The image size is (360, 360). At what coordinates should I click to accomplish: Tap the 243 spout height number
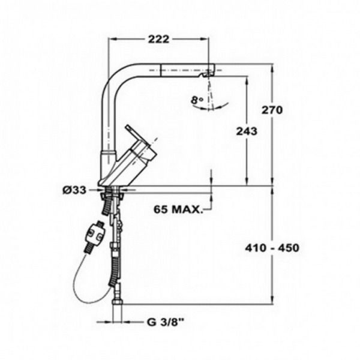[247, 131]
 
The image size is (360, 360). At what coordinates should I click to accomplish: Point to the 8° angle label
[197, 100]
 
